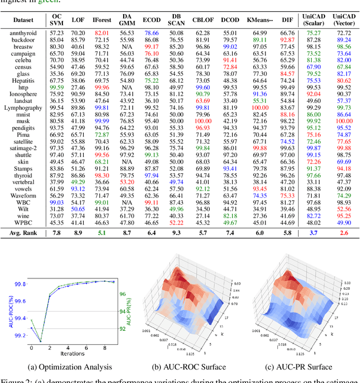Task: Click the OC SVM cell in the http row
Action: click(57, 87)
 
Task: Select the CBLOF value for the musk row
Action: click(202, 121)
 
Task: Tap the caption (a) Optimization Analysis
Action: click(74, 367)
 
